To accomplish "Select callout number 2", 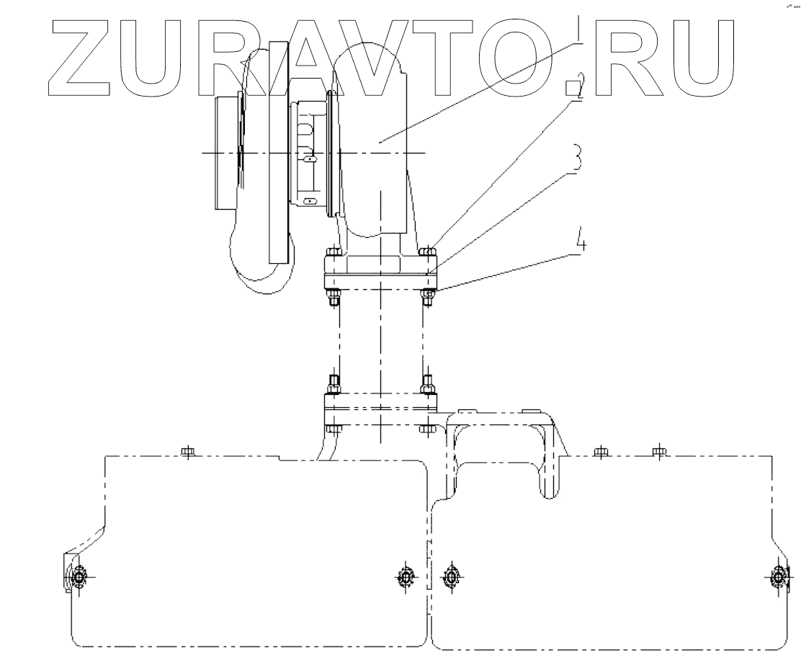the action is [575, 91].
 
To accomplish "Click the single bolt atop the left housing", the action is [187, 452].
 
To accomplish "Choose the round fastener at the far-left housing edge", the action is [78, 577].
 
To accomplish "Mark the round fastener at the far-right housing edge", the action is [779, 577].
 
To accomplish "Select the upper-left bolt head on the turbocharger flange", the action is [334, 252].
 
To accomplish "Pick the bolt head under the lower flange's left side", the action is [334, 430].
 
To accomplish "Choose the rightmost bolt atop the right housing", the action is [658, 452].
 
